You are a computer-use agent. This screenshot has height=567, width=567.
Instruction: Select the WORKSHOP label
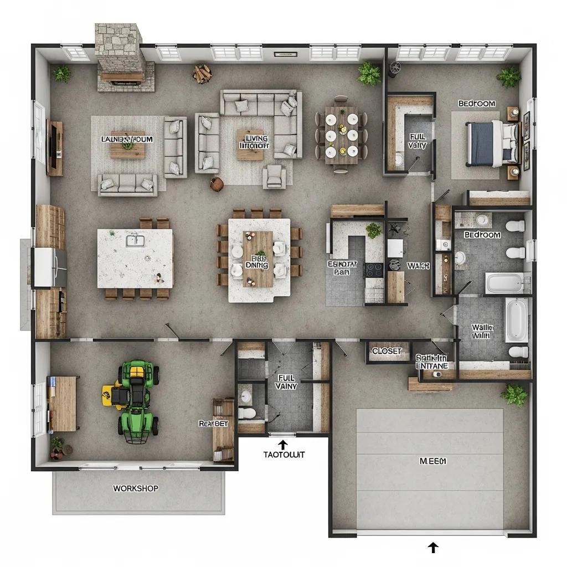[x=136, y=488]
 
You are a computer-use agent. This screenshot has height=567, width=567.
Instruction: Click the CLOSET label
[x=386, y=351]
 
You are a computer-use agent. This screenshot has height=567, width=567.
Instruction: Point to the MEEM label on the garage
[x=432, y=461]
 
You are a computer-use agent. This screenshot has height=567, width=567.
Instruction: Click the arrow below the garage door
[x=433, y=548]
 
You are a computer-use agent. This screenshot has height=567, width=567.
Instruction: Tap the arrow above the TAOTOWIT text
[x=283, y=444]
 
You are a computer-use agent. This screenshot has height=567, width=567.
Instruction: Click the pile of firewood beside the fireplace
[x=202, y=73]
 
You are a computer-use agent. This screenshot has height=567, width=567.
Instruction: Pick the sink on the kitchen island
[x=134, y=240]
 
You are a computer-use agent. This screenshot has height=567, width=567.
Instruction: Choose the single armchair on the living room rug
[x=275, y=176]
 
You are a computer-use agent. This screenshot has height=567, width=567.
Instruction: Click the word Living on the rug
[x=255, y=138]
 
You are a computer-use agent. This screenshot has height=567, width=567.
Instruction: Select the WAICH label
[x=418, y=266]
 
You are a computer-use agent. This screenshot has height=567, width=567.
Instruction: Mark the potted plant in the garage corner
[x=514, y=395]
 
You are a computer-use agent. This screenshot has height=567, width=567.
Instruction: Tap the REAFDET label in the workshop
[x=213, y=423]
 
